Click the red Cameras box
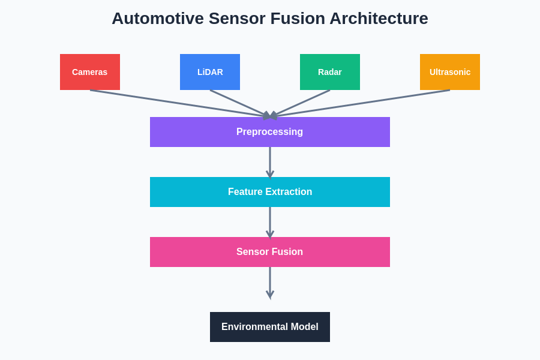pyautogui.click(x=90, y=72)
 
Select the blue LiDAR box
pyautogui.click(x=210, y=72)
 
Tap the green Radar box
pyautogui.click(x=330, y=72)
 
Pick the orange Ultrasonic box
pyautogui.click(x=450, y=72)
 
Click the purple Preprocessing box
pyautogui.click(x=270, y=132)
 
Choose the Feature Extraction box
pyautogui.click(x=270, y=192)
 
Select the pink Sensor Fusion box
pyautogui.click(x=270, y=252)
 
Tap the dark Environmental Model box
pyautogui.click(x=270, y=327)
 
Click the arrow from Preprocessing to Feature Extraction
pyautogui.click(x=270, y=162)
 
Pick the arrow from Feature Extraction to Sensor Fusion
pyautogui.click(x=270, y=222)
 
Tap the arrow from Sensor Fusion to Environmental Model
pyautogui.click(x=270, y=282)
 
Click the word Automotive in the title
pyautogui.click(x=157, y=19)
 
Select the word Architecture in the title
pyautogui.click(x=379, y=19)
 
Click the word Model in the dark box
pyautogui.click(x=305, y=327)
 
